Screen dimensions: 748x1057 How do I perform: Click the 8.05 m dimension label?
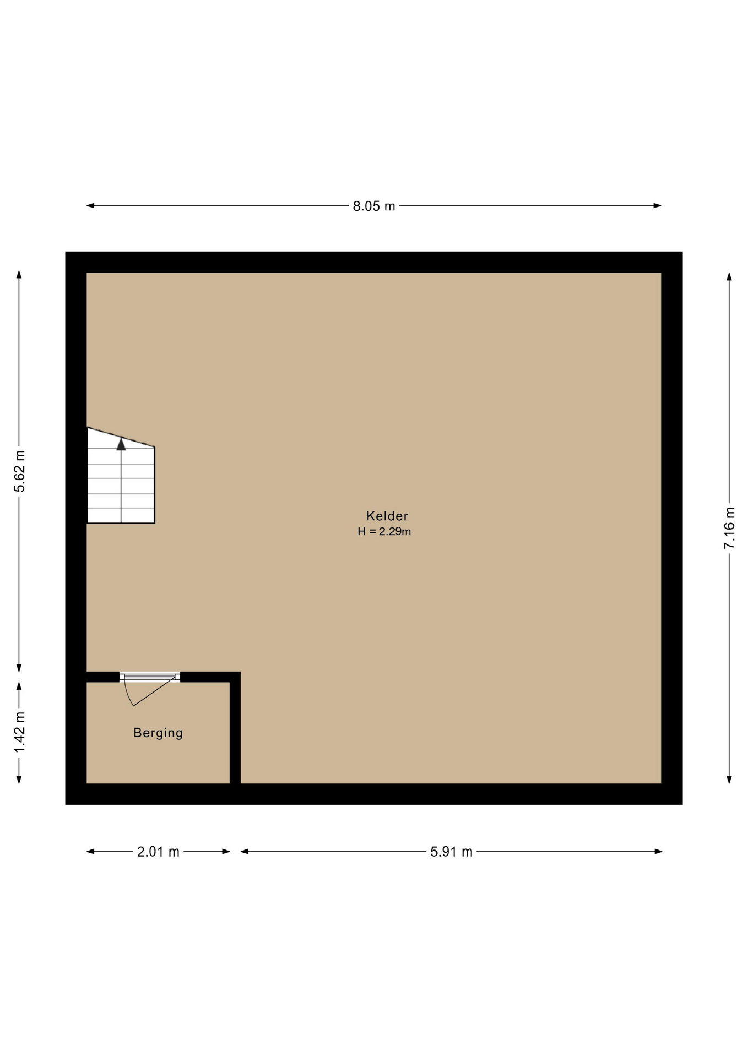374,206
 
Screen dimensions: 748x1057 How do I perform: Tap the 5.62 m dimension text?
19,471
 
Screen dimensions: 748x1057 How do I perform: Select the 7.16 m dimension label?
729,527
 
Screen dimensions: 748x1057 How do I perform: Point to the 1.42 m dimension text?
19,732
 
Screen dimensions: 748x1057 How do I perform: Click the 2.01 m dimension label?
158,852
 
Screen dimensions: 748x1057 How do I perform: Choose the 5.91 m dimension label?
451,852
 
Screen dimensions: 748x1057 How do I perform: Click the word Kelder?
387,516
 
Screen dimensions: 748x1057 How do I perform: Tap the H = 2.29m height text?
384,531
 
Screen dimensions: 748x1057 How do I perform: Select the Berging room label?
158,733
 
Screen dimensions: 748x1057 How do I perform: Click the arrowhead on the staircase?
121,444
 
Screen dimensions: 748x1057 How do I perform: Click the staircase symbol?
121,475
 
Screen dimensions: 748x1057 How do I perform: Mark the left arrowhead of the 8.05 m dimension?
90,206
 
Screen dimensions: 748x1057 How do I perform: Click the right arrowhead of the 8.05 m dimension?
658,206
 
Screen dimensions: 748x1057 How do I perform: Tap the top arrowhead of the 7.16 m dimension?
729,276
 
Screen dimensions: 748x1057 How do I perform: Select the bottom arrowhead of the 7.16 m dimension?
729,780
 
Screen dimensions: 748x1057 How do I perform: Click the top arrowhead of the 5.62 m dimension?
19,275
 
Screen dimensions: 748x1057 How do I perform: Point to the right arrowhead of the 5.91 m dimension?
658,852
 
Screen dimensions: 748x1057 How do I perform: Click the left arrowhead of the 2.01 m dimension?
90,852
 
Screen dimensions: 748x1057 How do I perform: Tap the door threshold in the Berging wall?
150,677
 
